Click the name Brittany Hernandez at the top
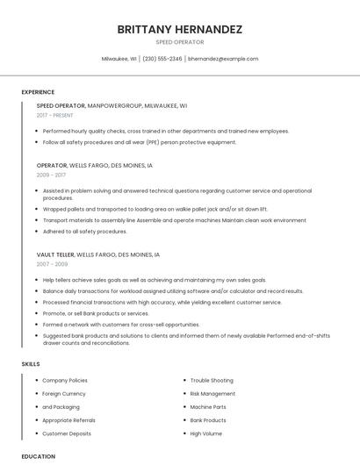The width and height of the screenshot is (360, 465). pyautogui.click(x=179, y=29)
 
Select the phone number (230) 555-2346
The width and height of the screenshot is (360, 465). pyautogui.click(x=162, y=59)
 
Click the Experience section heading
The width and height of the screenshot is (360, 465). pyautogui.click(x=39, y=92)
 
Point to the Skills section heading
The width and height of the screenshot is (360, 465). pyautogui.click(x=31, y=363)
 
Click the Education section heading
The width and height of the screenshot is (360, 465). pyautogui.click(x=39, y=456)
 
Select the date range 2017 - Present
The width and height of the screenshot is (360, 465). pyautogui.click(x=55, y=115)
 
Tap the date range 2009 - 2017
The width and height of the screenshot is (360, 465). pyautogui.click(x=51, y=175)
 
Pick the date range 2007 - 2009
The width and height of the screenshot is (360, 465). pyautogui.click(x=52, y=263)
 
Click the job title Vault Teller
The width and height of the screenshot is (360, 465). pyautogui.click(x=55, y=254)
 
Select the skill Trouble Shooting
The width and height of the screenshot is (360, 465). pyautogui.click(x=212, y=381)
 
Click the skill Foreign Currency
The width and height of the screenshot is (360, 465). pyautogui.click(x=64, y=394)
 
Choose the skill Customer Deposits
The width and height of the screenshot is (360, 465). pyautogui.click(x=67, y=433)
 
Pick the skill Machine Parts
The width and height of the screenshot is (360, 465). pyautogui.click(x=208, y=407)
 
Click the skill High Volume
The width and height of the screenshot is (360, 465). pyautogui.click(x=206, y=433)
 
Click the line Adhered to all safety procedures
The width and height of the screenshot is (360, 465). pyautogui.click(x=84, y=232)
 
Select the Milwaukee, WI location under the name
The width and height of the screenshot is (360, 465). pyautogui.click(x=119, y=59)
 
